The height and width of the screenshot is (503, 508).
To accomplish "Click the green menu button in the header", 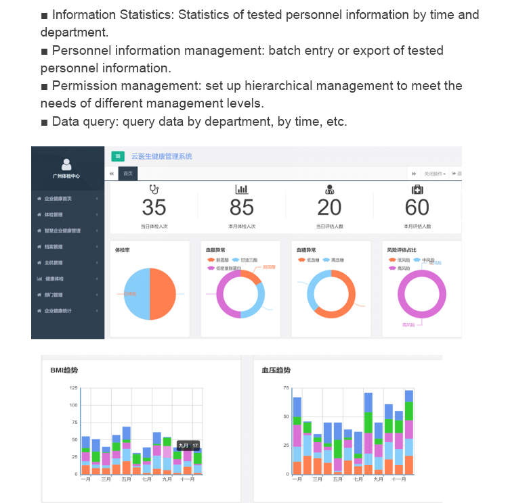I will [119, 156].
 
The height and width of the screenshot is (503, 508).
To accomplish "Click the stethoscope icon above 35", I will [154, 190].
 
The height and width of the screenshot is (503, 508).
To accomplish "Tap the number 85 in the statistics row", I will [242, 208].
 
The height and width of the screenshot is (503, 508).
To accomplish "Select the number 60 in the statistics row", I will [417, 208].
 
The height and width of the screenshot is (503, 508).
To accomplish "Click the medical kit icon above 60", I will [417, 190].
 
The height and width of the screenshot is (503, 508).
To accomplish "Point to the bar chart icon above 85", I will [242, 190].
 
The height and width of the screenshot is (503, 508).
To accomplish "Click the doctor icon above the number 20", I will [330, 190].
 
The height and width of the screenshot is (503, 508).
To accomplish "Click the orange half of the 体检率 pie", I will [163, 294].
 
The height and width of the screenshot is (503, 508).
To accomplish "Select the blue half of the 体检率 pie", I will [137, 294].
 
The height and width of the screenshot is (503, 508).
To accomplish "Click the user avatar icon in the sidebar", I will [66, 164].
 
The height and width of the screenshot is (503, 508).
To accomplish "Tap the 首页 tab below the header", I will [127, 174].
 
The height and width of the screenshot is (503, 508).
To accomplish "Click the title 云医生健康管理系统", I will [163, 156].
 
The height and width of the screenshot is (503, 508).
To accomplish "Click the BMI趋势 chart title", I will [64, 370].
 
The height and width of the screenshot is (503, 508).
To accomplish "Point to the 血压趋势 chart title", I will [276, 370].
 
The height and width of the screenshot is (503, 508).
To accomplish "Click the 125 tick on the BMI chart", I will [73, 388].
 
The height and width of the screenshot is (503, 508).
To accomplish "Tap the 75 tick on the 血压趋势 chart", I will [286, 388].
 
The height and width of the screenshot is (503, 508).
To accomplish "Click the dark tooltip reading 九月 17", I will [188, 446].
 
